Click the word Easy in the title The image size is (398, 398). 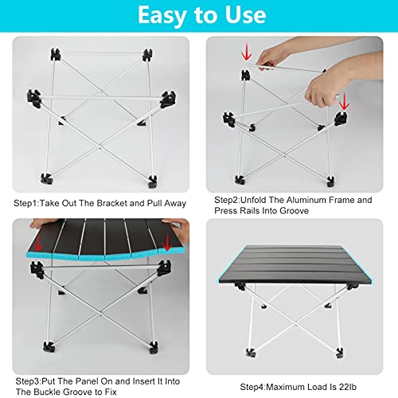click(162, 16)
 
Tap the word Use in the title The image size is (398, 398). click(245, 15)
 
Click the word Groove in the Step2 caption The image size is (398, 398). click(295, 211)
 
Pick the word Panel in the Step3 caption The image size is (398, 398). click(86, 381)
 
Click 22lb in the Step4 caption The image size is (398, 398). click(348, 387)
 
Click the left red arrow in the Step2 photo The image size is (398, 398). click(247, 53)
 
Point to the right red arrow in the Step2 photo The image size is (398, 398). click(344, 101)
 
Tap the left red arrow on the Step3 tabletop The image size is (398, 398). click(38, 242)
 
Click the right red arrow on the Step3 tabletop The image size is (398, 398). click(167, 242)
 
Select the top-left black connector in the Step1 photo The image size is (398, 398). click(56, 55)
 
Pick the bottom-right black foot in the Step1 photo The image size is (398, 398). click(153, 181)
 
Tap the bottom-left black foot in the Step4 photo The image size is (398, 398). click(250, 353)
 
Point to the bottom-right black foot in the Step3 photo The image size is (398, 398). click(154, 348)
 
